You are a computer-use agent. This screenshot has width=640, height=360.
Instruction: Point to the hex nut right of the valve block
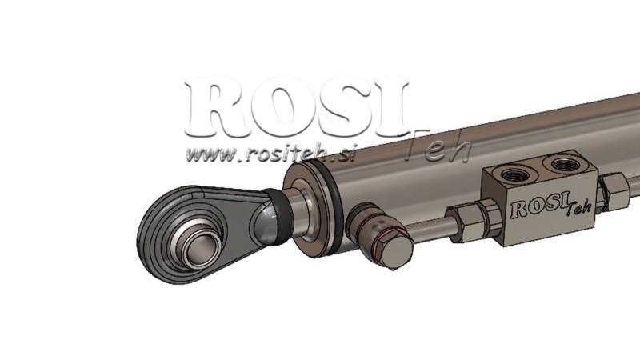coord(614,192)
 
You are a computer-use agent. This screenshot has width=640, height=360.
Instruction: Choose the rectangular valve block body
coord(544,200)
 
